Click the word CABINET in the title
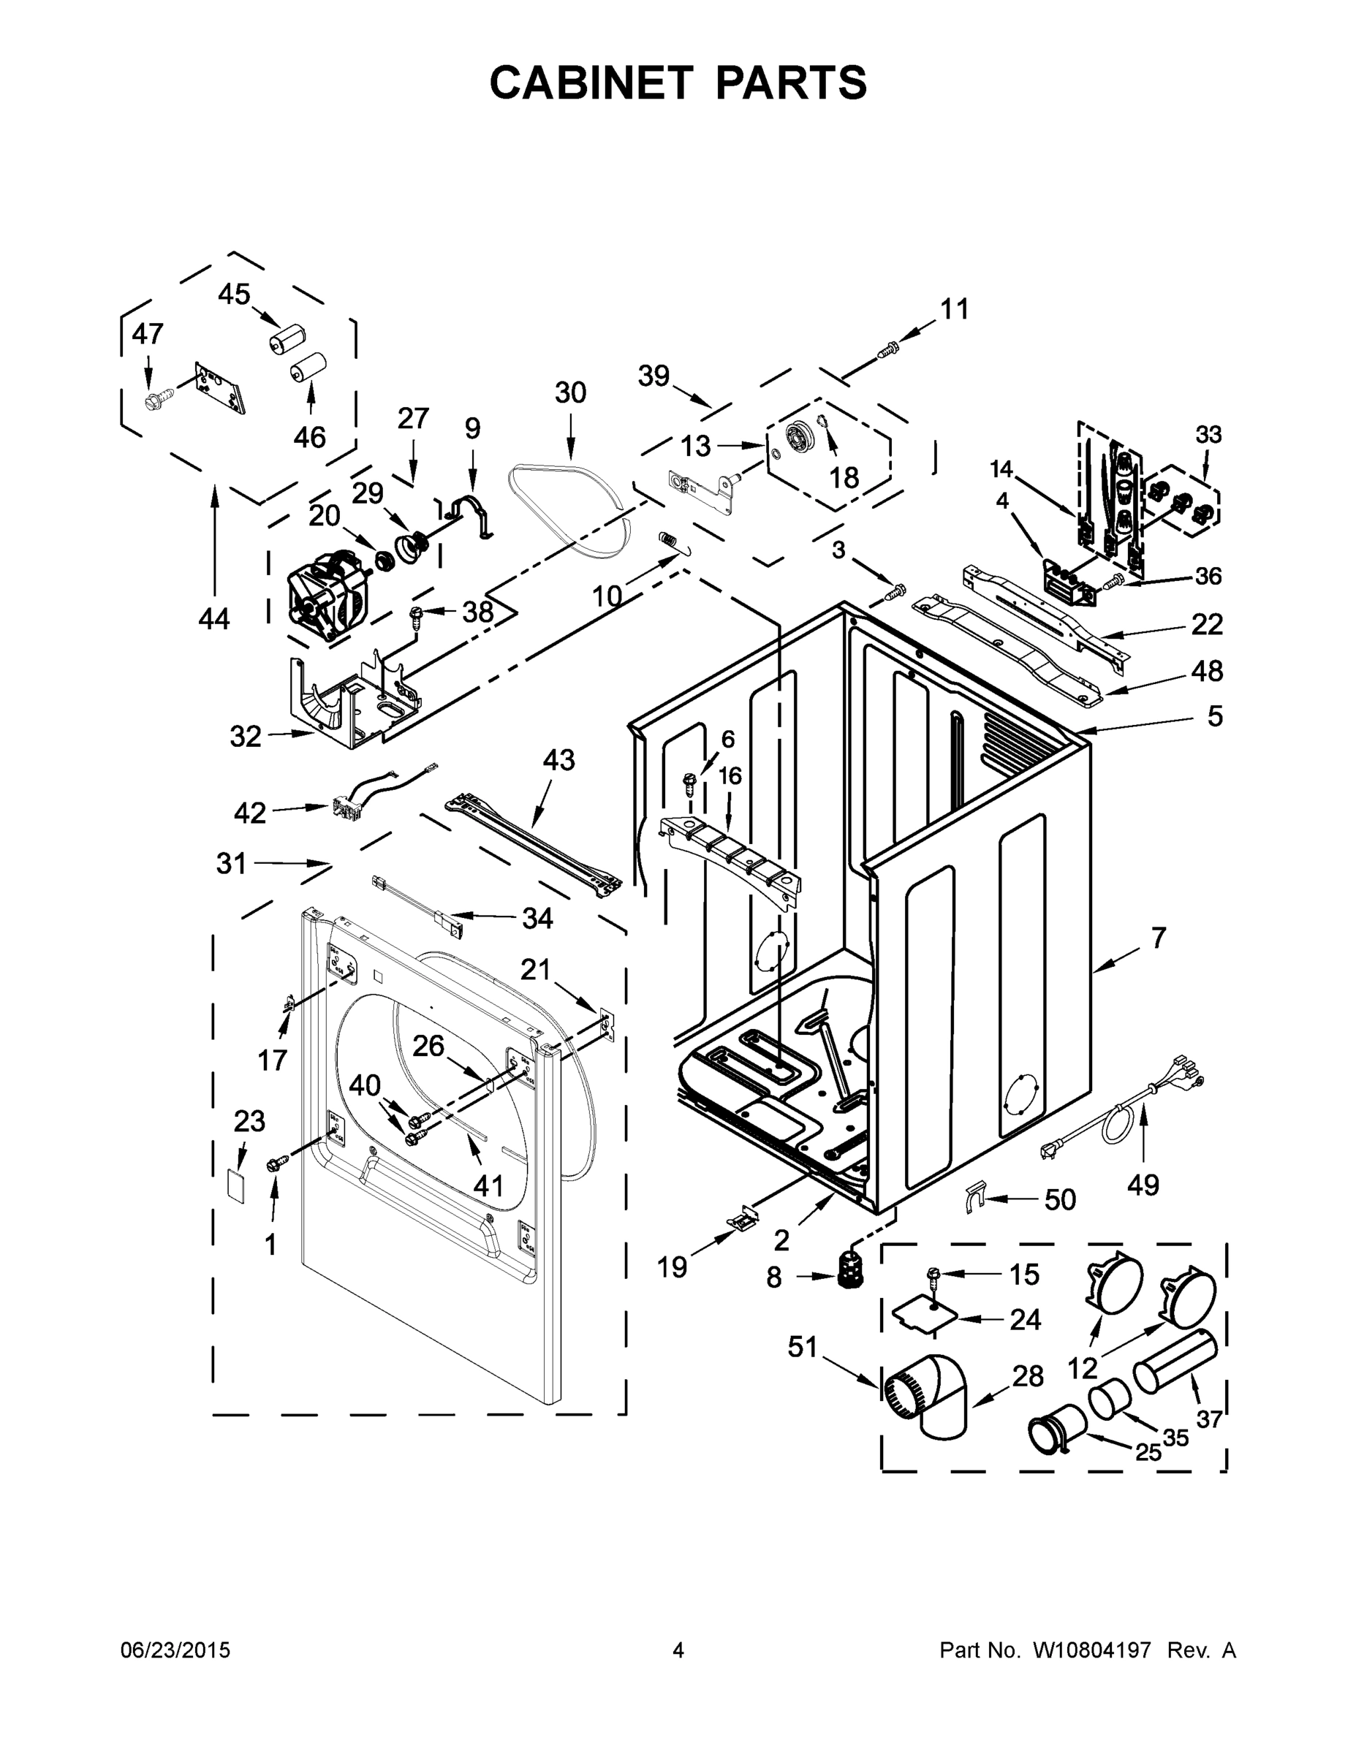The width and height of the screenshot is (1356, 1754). [x=591, y=83]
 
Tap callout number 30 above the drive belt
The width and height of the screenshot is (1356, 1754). [x=570, y=392]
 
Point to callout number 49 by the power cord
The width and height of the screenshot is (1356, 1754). [x=1143, y=1184]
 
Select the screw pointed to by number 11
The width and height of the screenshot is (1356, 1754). [x=888, y=349]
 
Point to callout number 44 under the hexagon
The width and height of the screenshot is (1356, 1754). [x=214, y=618]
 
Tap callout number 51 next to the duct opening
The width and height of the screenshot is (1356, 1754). [x=802, y=1347]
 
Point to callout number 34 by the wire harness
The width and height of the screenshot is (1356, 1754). [x=537, y=917]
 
